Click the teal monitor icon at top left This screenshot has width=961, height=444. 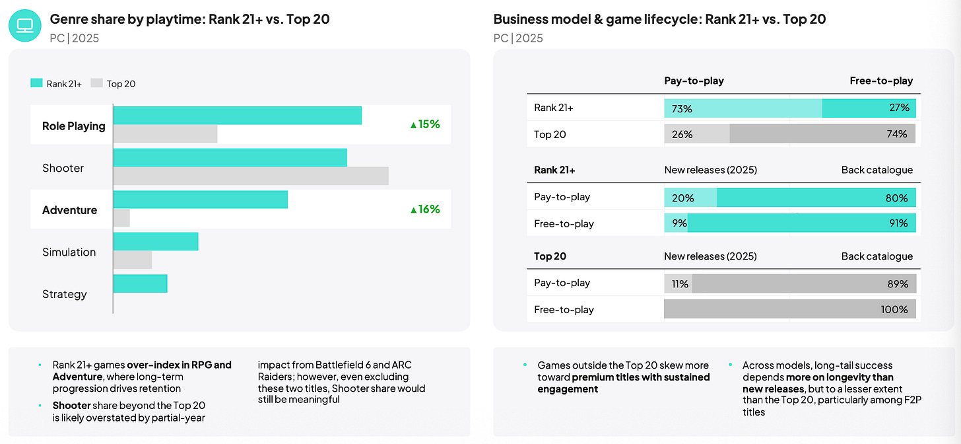click(25, 26)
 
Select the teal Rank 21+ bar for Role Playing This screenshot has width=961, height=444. click(238, 115)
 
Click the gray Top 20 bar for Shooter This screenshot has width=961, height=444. click(251, 176)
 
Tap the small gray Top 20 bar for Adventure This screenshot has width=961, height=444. click(122, 218)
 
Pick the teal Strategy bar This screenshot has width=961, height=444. click(141, 283)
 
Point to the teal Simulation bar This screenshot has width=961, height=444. click(156, 241)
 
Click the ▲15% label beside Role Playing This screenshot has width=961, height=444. click(425, 124)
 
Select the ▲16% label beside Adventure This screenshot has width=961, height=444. click(425, 209)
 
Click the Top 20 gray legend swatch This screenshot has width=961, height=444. click(96, 83)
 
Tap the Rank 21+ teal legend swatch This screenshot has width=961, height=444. click(36, 83)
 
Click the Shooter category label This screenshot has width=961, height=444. click(63, 168)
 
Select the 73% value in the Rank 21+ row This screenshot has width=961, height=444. click(682, 108)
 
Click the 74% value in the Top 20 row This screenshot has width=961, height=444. click(896, 134)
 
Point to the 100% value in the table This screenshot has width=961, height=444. click(894, 309)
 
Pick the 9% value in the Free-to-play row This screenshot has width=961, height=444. click(679, 223)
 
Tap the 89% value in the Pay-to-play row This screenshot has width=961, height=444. click(898, 284)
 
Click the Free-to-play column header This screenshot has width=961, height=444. click(881, 81)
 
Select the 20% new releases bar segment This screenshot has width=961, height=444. click(690, 198)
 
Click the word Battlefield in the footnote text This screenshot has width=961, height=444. click(339, 365)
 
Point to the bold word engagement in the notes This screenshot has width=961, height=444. click(568, 389)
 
